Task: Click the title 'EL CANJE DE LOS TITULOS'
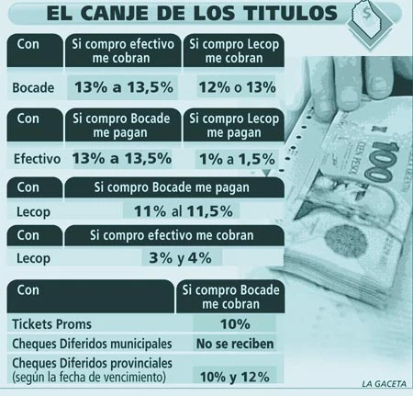[x=192, y=13]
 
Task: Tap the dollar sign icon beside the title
[x=365, y=13]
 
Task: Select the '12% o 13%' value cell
[x=237, y=87]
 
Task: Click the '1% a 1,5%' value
[x=237, y=159]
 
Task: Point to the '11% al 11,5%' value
[x=184, y=211]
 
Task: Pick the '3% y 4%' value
[x=180, y=258]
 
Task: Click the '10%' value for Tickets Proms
[x=235, y=324]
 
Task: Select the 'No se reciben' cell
[x=235, y=344]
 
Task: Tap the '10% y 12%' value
[x=235, y=377]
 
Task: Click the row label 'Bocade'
[x=33, y=88]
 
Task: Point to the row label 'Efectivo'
[x=37, y=159]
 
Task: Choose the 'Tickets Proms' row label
[x=51, y=324]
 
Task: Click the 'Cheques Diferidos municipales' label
[x=92, y=344]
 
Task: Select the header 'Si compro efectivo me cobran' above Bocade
[x=123, y=51]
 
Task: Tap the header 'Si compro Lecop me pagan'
[x=234, y=126]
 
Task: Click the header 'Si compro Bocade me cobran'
[x=231, y=297]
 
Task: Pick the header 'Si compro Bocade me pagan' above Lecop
[x=172, y=187]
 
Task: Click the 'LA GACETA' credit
[x=385, y=384]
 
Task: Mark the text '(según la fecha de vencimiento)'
[x=89, y=377]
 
